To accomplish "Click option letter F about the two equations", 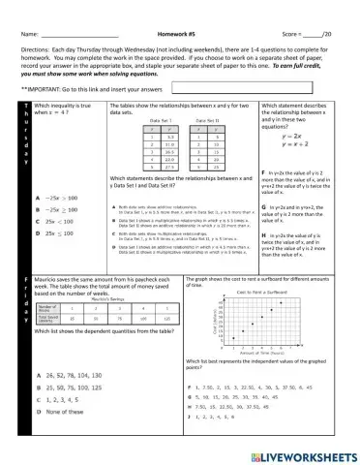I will click(x=264, y=170).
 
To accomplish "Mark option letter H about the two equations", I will click(x=264, y=234).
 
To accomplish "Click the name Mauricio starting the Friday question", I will click(x=49, y=277).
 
